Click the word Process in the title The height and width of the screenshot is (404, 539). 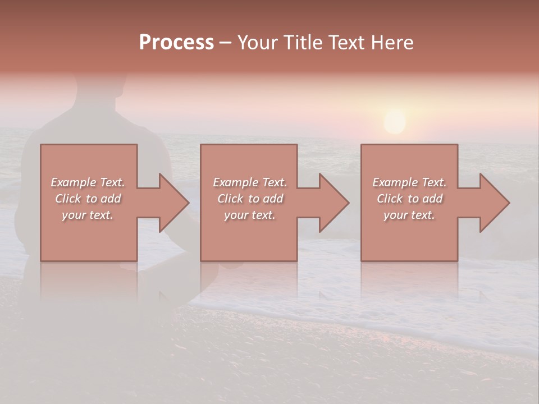(176, 43)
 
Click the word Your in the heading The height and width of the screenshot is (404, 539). (257, 43)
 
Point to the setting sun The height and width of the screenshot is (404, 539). (395, 122)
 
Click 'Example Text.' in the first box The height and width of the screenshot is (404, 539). (88, 182)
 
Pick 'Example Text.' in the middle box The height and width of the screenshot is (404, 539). (249, 182)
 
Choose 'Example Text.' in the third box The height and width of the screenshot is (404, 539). (409, 182)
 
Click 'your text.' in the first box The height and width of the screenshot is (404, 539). (88, 215)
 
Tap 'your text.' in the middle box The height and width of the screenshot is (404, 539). (249, 215)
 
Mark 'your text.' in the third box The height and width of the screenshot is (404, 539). (409, 215)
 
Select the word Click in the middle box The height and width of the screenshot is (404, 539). (230, 199)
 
